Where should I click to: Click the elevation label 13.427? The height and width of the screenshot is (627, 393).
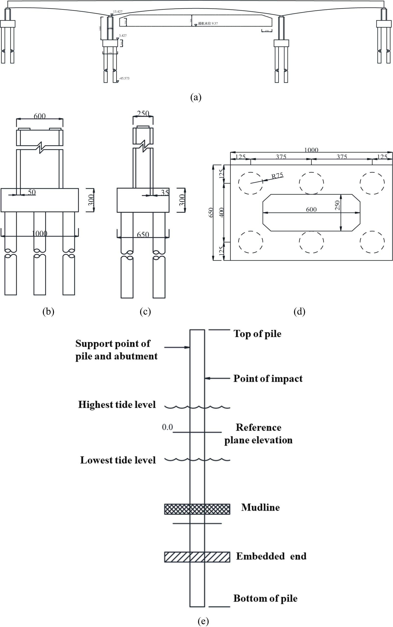coord(118,12)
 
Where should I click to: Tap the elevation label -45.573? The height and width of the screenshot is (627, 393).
coord(124,78)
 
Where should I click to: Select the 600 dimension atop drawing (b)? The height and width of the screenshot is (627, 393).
coord(40,116)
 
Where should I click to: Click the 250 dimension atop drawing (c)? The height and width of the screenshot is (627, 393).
coord(143,114)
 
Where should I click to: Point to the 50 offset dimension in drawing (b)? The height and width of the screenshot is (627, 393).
coord(31,192)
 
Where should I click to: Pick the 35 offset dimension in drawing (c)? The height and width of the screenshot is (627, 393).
coord(165,192)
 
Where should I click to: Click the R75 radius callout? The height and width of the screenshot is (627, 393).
coord(277,176)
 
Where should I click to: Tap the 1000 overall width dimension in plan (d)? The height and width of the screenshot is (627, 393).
coord(311,150)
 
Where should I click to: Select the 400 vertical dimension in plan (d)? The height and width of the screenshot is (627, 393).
coord(221,212)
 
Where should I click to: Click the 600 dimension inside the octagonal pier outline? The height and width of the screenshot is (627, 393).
coord(311,209)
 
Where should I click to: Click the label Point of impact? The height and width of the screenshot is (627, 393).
coord(268,379)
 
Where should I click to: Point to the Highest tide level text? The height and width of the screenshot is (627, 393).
coord(117,405)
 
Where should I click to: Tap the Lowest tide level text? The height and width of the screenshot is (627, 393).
coord(118,460)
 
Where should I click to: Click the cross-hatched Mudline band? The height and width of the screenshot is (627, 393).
coord(197,509)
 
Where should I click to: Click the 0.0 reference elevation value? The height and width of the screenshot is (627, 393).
coord(167,427)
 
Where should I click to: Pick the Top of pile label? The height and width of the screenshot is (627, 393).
coord(257,334)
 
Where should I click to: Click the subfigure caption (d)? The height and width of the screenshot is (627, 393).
coord(299,312)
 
